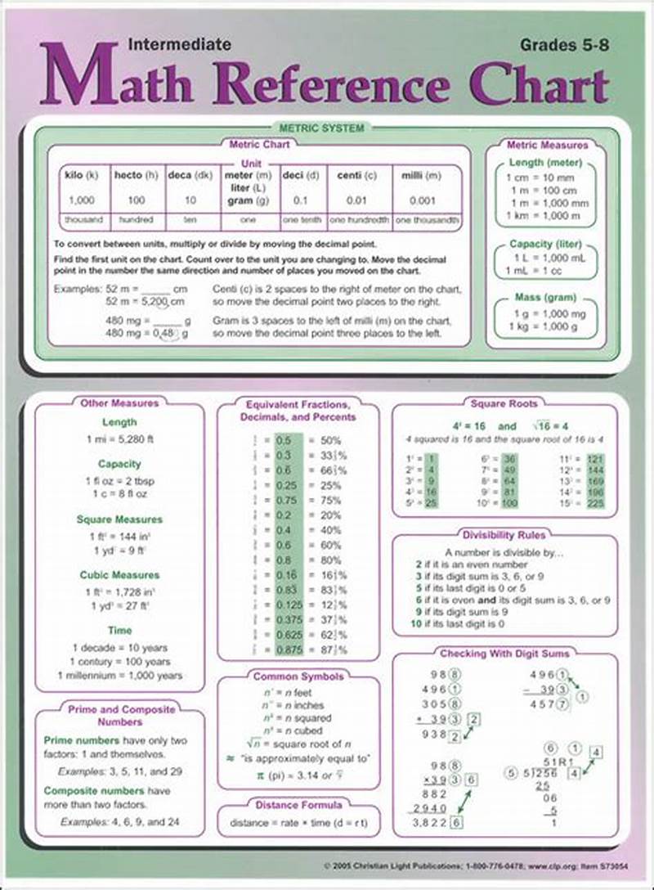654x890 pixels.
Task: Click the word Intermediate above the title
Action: pyautogui.click(x=180, y=44)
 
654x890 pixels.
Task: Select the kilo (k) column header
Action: pyautogui.click(x=81, y=175)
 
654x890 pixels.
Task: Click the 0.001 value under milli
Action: pyautogui.click(x=423, y=200)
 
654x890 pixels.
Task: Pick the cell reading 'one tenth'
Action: pyautogui.click(x=302, y=220)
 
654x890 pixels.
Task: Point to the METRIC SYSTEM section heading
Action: pyautogui.click(x=321, y=128)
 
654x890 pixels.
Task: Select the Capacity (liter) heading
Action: pyautogui.click(x=545, y=244)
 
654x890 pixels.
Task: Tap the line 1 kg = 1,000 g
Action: pyautogui.click(x=545, y=326)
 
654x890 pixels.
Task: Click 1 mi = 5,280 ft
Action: pyautogui.click(x=120, y=439)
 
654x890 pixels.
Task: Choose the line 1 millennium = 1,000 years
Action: pyautogui.click(x=120, y=676)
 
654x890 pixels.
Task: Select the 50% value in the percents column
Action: pyautogui.click(x=331, y=440)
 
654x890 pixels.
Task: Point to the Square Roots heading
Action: pyautogui.click(x=504, y=403)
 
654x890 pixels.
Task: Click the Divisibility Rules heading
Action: pyautogui.click(x=504, y=535)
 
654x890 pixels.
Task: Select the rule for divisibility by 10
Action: pyautogui.click(x=459, y=623)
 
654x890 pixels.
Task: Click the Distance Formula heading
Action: pyautogui.click(x=298, y=804)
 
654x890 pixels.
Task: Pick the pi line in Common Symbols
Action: pyautogui.click(x=298, y=774)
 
